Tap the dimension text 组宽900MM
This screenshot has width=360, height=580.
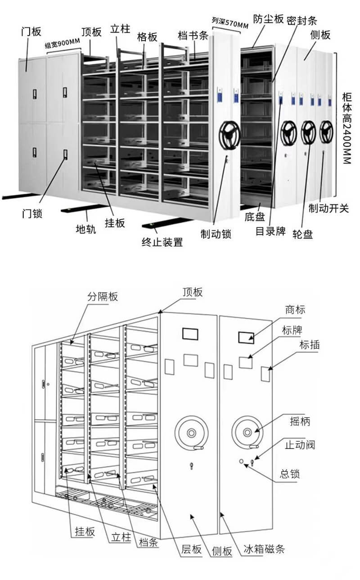pos(63,44)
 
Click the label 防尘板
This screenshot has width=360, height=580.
pos(268,19)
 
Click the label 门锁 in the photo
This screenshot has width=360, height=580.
pos(31,213)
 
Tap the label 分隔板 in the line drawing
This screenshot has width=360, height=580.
pos(102,296)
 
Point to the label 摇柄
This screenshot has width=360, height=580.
pos(300,422)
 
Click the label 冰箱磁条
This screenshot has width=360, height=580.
pos(264,549)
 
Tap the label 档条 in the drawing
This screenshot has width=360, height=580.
pos(149,542)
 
